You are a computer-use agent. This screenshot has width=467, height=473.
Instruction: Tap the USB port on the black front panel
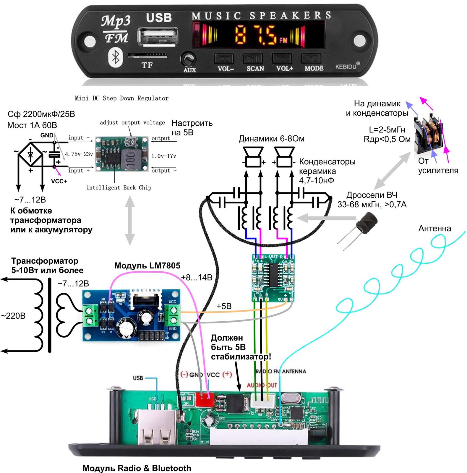click(158, 37)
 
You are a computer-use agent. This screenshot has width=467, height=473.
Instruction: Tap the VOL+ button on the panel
click(284, 59)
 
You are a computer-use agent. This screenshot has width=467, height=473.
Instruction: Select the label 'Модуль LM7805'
click(147, 265)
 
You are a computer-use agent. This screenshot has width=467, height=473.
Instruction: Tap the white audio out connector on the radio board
click(262, 401)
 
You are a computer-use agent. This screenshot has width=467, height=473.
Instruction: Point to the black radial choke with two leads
click(367, 222)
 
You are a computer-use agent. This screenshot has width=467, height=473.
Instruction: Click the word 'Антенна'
click(434, 228)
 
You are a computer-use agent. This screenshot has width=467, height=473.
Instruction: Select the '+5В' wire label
click(224, 306)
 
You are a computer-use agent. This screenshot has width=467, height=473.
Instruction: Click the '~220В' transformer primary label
click(13, 316)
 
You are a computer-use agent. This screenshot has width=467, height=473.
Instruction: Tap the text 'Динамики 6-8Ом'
click(271, 139)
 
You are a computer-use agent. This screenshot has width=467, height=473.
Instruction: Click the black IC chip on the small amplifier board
click(273, 275)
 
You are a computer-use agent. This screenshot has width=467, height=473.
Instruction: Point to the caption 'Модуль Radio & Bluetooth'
click(137, 468)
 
